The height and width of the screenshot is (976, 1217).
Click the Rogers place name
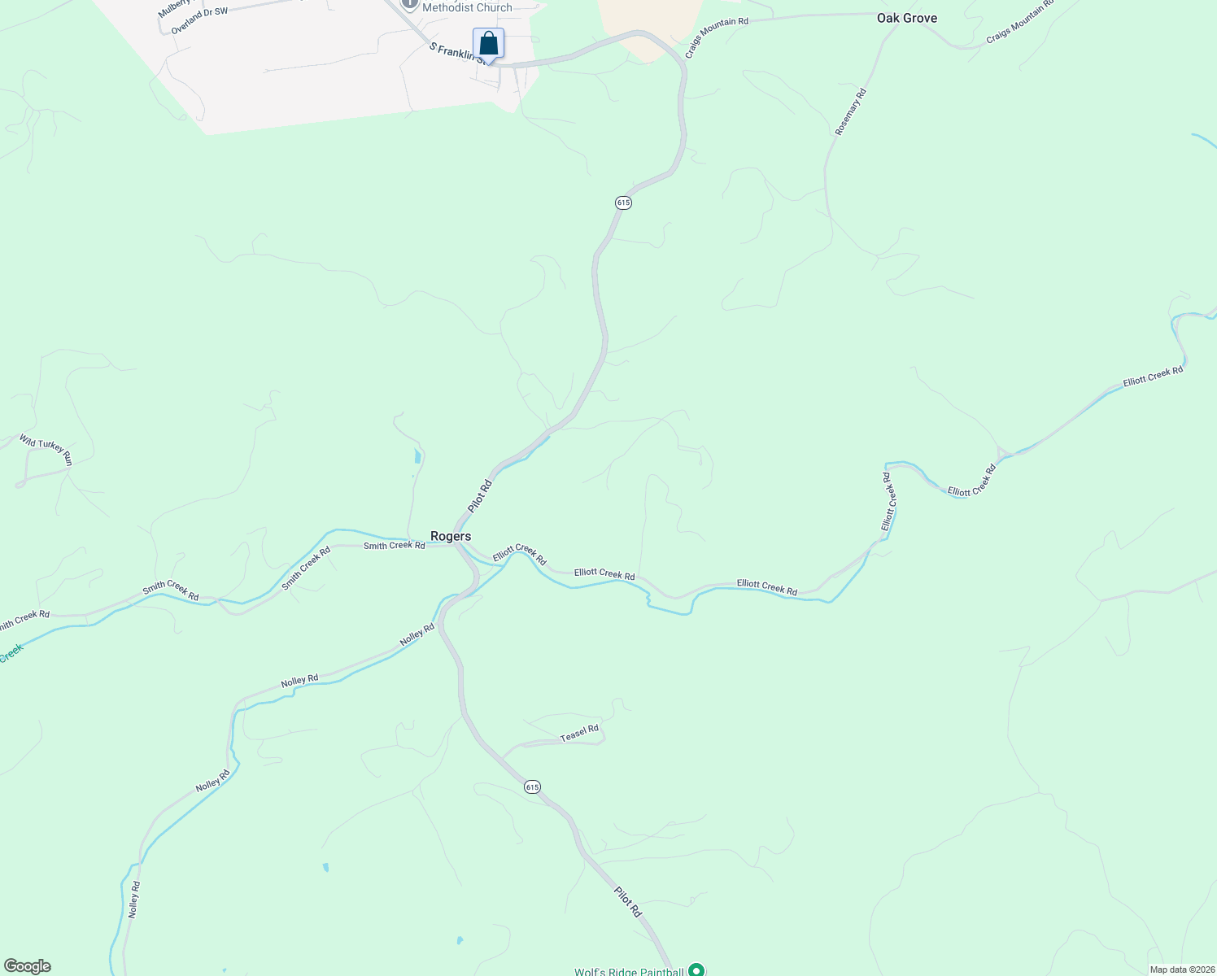[451, 536]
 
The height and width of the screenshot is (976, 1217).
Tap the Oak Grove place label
[906, 18]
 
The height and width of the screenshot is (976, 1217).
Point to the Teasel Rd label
[579, 734]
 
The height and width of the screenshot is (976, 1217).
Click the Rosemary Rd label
[850, 111]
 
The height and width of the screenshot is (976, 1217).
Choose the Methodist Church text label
[467, 7]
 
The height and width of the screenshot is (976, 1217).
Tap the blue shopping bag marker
[488, 44]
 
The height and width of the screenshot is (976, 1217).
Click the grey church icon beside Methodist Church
[409, 3]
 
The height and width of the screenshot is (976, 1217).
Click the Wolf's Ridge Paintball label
[628, 971]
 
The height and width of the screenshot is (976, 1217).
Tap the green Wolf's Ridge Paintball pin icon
[696, 969]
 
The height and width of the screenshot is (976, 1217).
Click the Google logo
[27, 966]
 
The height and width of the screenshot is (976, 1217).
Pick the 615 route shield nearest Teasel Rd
[532, 786]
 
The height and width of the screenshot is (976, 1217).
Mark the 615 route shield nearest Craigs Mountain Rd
[623, 202]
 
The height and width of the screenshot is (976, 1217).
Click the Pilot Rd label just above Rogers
[480, 496]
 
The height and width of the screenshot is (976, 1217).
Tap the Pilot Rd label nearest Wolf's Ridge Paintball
[628, 902]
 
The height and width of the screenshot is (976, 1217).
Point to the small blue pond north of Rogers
[417, 455]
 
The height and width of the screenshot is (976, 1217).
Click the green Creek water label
[11, 653]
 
